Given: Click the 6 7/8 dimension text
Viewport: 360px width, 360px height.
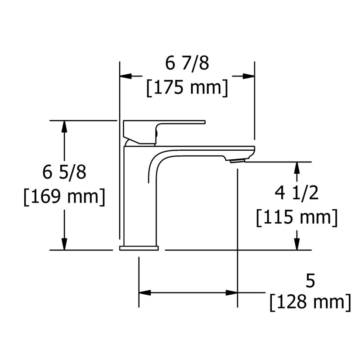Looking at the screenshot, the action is point(187,63).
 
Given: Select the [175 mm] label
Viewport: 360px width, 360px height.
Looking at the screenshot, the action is point(187,88).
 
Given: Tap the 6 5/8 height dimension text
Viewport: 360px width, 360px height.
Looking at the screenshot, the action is point(64,172).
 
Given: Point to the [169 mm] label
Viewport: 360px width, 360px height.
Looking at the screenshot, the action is point(64,197).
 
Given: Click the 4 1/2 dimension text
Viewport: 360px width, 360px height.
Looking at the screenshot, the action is point(297,193).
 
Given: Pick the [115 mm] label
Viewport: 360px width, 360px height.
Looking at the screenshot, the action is point(297,217).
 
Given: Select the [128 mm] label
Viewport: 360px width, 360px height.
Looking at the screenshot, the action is point(310,302).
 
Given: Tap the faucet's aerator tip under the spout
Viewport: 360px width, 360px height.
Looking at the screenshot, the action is point(238,161).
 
